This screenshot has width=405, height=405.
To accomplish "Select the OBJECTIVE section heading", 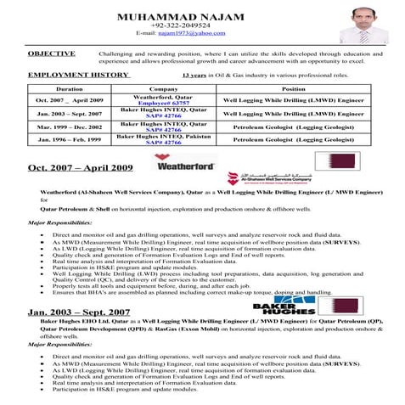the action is (x=51, y=53).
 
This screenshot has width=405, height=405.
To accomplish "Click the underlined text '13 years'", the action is (x=195, y=75).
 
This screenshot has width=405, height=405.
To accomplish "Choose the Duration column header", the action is (x=69, y=88).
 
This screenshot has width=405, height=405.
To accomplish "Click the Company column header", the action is (x=163, y=88).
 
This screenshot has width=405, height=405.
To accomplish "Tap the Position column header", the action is (x=293, y=88).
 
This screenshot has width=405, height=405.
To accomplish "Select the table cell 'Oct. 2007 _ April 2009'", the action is (x=70, y=100).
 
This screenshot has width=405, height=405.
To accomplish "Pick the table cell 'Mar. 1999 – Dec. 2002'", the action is (x=70, y=126).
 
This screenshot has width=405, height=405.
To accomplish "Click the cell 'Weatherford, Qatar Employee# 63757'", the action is (x=163, y=100).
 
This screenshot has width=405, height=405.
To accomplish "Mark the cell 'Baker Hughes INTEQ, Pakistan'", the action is (x=163, y=136).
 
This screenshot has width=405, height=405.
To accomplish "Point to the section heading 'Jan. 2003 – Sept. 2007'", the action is (x=79, y=312).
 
